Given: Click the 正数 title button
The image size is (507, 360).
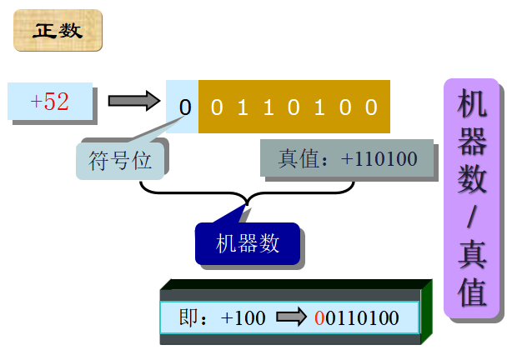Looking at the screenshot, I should click(58, 31).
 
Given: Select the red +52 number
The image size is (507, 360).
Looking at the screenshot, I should click(49, 102).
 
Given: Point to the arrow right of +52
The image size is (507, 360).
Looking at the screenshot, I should click(133, 102).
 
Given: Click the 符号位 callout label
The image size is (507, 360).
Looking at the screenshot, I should click(120, 160).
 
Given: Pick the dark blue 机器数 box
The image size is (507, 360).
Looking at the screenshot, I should click(247, 244).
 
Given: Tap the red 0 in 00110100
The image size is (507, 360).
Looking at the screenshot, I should click(320, 317).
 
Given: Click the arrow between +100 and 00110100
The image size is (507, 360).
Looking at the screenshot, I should click(292, 317).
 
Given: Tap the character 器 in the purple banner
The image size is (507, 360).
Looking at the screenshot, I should click(472, 142).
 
